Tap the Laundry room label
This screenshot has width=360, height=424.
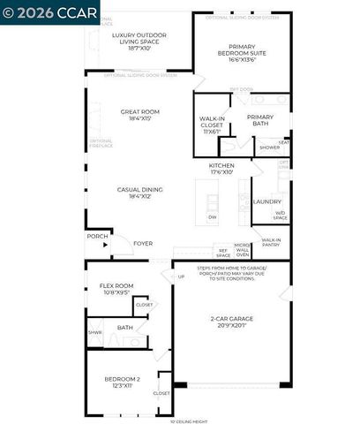[266, 201]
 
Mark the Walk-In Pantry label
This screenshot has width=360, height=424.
[271, 242]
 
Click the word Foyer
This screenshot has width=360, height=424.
[143, 243]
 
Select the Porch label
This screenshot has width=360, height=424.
[97, 236]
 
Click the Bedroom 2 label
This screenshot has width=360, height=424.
[116, 382]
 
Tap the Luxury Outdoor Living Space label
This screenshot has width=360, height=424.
[139, 41]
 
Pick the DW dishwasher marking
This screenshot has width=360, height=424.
[212, 216]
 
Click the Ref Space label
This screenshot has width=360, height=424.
[223, 252]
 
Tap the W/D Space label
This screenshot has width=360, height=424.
[280, 215]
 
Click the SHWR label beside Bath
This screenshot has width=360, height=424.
[94, 333]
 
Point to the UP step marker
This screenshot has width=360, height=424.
[182, 276]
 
